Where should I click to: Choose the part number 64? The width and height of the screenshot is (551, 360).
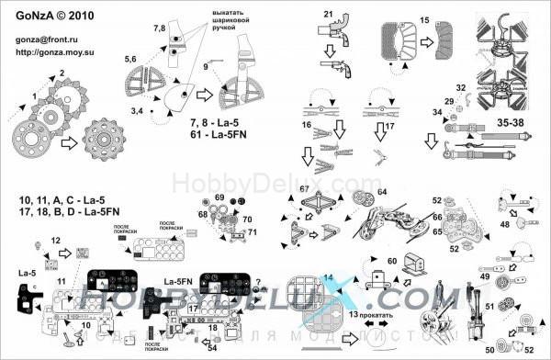coord(381,192)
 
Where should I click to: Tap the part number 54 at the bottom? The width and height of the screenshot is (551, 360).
coord(212,348)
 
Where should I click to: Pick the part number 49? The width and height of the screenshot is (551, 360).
coord(485,276)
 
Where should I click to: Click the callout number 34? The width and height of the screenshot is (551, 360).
coord(438,112)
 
